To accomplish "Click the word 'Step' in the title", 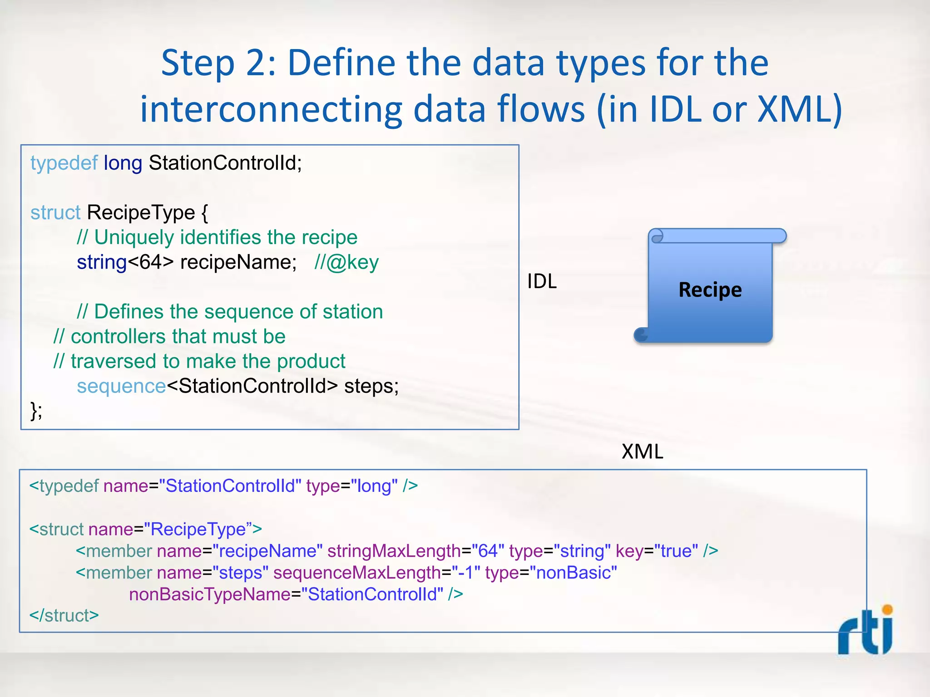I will [x=198, y=64].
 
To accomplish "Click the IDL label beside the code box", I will [x=542, y=281].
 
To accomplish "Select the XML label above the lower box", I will [x=642, y=452].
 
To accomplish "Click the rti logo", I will [x=866, y=632].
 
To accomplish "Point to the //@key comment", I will [x=346, y=262].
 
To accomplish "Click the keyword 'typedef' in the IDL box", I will [x=64, y=163].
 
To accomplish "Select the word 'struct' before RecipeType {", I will [x=55, y=212].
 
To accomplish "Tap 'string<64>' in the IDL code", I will [x=125, y=262].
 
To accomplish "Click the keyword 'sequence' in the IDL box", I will [x=121, y=386].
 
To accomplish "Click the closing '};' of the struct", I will [x=36, y=411].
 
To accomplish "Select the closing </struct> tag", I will [x=64, y=615].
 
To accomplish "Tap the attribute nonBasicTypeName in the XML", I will [x=209, y=594].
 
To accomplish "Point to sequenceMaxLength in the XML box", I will [x=357, y=573].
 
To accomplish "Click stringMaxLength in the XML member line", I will [x=394, y=551].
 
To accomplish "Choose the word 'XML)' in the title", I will [x=800, y=110].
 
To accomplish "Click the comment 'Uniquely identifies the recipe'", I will [x=226, y=237].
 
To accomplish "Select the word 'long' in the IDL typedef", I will [x=123, y=163].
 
